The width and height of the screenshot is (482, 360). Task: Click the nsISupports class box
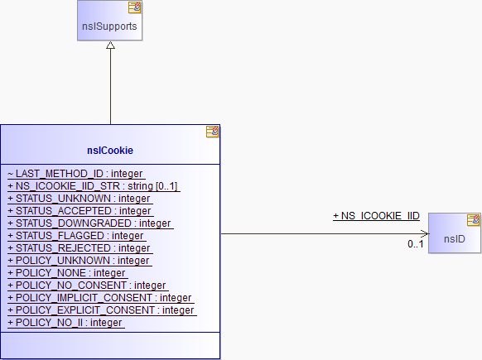coord(110,20)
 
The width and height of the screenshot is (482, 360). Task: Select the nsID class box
coord(455,233)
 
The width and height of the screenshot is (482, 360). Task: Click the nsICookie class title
coord(110,151)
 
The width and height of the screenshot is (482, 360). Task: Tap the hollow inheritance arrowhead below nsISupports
coord(110,46)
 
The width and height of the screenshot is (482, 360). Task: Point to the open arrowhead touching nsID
coord(425,233)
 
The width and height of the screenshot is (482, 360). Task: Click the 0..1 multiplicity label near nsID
coord(416,244)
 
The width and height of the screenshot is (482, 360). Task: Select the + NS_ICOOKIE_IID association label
coord(376,216)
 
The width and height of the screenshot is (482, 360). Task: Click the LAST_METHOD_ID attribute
coord(75,174)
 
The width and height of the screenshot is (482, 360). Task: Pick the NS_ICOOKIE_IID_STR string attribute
coord(93,186)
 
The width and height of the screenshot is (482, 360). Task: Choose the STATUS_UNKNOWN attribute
coord(80,199)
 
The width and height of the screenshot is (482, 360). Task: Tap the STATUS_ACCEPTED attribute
coord(80,211)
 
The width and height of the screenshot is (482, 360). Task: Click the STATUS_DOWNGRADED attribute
coord(89,223)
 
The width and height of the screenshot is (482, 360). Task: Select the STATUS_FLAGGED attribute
coord(76,236)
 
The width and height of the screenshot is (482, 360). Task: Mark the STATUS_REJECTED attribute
coord(80,248)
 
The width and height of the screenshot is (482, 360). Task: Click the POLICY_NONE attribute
coord(67,273)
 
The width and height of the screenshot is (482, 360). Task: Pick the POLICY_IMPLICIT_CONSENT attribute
coord(100,298)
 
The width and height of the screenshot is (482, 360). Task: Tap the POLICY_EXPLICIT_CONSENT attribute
coord(101,310)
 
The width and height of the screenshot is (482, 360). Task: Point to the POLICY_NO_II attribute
coord(65,323)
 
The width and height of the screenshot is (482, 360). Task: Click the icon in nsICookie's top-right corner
coord(212,132)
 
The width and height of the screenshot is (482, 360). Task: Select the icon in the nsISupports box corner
coord(135,7)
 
